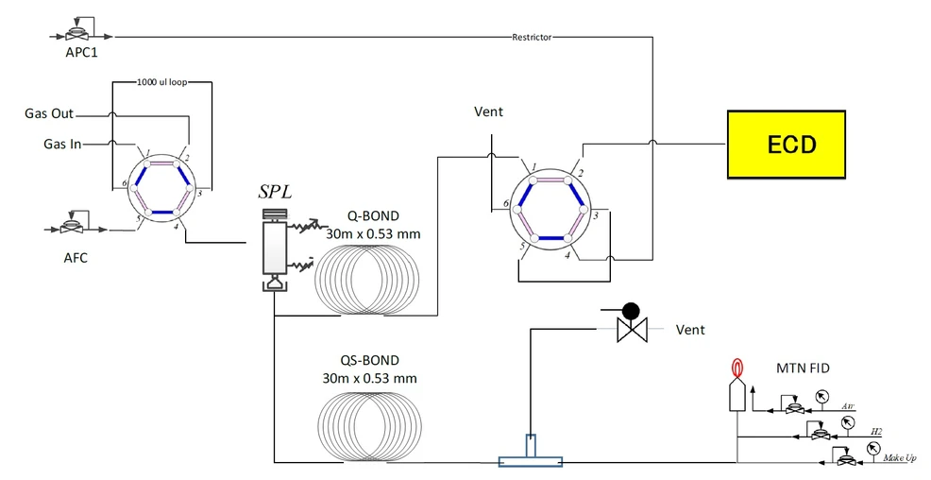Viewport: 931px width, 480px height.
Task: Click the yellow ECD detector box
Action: coord(787,145)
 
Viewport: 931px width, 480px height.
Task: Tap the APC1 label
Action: coord(82,52)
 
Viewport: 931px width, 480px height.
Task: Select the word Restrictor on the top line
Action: coord(532,37)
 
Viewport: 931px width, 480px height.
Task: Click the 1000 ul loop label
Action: coord(162,82)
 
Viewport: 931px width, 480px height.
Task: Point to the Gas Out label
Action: coord(49,113)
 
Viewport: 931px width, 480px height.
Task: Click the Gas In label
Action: coord(62,144)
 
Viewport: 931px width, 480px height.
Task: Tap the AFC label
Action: coord(76,258)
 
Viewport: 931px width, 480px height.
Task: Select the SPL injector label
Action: coord(275,192)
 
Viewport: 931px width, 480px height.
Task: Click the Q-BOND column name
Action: coord(373,215)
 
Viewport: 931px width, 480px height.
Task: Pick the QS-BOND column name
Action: coord(369,361)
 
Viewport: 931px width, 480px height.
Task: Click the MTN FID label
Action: coord(803,369)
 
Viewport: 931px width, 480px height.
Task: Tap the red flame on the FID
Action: coord(736,368)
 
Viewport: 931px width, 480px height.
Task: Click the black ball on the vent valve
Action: coord(630,311)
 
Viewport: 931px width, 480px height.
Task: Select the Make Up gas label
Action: coord(900,457)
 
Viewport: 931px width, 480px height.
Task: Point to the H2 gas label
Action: coord(876,431)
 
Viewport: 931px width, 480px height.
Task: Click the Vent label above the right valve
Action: coord(489,111)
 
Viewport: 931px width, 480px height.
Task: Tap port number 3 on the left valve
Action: coord(199,193)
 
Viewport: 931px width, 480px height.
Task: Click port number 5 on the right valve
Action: coord(523,246)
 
